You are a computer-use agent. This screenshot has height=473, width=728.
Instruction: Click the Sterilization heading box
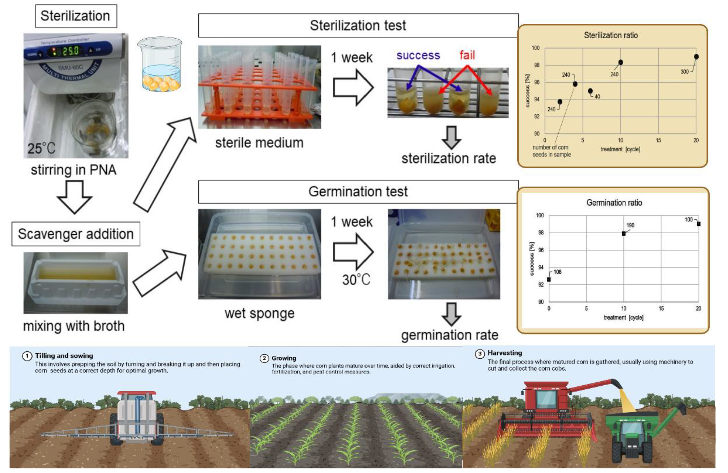76,16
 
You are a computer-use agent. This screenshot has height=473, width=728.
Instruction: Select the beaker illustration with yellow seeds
160,65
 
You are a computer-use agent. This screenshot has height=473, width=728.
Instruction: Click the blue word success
418,55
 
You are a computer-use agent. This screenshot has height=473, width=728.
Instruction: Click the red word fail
467,55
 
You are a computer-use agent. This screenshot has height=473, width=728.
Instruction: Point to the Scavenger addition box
76,234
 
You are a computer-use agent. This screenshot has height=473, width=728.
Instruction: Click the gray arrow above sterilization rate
451,137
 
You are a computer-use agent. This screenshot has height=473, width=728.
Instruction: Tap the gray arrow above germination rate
451,314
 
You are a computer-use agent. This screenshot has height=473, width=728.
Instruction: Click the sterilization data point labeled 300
696,57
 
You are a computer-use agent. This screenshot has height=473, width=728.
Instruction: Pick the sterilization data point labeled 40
590,91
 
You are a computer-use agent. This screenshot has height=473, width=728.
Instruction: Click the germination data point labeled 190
624,234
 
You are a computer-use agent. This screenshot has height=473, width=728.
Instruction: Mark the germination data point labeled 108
549,279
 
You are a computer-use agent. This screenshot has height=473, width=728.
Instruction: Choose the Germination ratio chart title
614,203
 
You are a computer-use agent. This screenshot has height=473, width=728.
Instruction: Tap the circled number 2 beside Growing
264,358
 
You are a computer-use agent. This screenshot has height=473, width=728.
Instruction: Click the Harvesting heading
505,353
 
